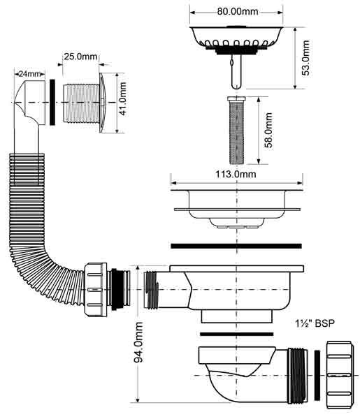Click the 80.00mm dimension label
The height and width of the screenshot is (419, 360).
pos(237,12)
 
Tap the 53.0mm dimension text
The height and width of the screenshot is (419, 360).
pos(305,58)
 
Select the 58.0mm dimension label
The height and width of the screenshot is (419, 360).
pos(268,130)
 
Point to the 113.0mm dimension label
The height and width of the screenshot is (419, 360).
pos(236,175)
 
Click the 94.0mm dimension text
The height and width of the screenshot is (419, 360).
pos(138,342)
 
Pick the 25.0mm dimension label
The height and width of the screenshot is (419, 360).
pos(80,57)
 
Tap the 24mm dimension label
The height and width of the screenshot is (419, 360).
pos(29,74)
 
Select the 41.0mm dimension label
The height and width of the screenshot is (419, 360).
pos(122,98)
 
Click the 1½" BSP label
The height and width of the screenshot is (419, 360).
pos(315,323)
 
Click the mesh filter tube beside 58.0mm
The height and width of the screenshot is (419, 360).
pos(236,131)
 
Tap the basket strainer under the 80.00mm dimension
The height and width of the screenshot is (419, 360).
pos(236,40)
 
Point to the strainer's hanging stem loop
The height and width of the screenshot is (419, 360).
pos(236,72)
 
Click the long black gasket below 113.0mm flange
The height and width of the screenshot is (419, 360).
pos(236,246)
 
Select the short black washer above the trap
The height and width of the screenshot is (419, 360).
pos(237,334)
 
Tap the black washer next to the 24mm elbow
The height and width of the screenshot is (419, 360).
pos(52,102)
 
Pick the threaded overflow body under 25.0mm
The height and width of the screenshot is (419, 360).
pos(82,103)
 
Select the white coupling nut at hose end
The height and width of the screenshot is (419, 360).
pos(96,289)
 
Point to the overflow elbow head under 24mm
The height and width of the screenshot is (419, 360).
pos(29,101)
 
